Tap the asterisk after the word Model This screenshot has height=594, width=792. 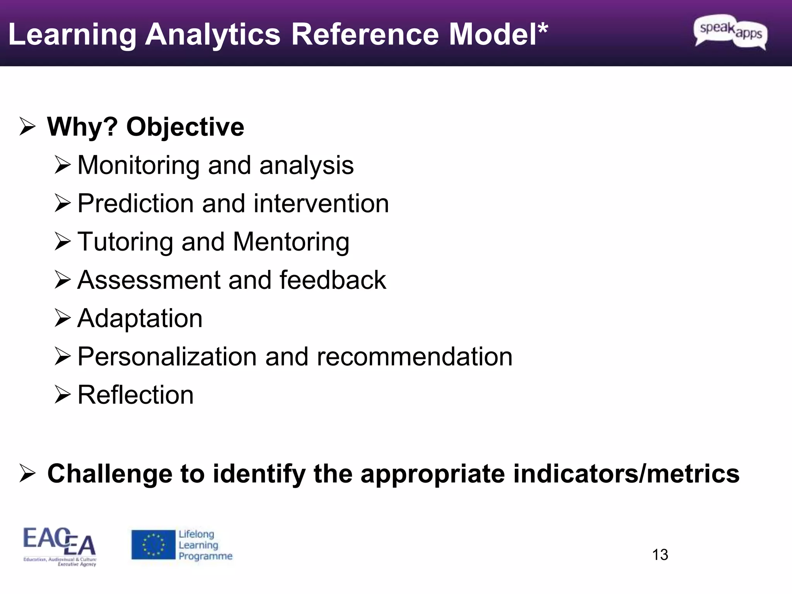pyautogui.click(x=543, y=29)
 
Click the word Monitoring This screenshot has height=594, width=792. pyautogui.click(x=138, y=166)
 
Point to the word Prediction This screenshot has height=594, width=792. pyautogui.click(x=136, y=203)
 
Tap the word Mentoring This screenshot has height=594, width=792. pyautogui.click(x=291, y=242)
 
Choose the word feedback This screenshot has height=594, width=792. pyautogui.click(x=333, y=280)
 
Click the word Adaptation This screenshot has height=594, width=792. pyautogui.click(x=140, y=318)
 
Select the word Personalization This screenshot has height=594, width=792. pyautogui.click(x=167, y=357)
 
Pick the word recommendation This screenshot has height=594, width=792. pyautogui.click(x=414, y=357)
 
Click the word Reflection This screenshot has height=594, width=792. pyautogui.click(x=135, y=395)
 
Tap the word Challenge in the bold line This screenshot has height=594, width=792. pyautogui.click(x=109, y=474)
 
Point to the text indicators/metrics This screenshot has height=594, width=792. pyautogui.click(x=626, y=474)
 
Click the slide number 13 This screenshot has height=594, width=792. pyautogui.click(x=660, y=555)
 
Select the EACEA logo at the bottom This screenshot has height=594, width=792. pyautogui.click(x=60, y=546)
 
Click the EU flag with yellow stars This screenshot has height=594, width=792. pyautogui.click(x=153, y=544)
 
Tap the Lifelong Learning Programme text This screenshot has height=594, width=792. pyautogui.click(x=205, y=545)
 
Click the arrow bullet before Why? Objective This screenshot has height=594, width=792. pyautogui.click(x=27, y=127)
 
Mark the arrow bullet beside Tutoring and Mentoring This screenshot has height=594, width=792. pyautogui.click(x=62, y=241)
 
